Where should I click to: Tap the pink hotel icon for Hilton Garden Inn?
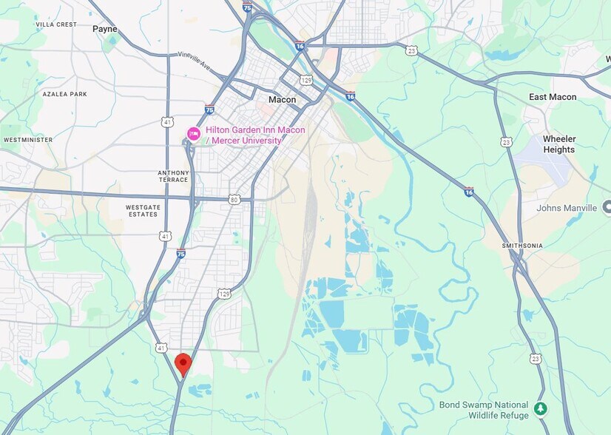[x=193, y=133]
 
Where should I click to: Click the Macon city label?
[x=282, y=100]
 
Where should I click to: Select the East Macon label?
[x=553, y=97]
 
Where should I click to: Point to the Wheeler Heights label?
[x=558, y=144]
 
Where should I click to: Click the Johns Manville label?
[x=567, y=208]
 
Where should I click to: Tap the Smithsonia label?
[x=522, y=245]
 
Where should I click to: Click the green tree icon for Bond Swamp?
[x=541, y=408]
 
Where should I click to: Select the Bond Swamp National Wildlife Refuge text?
[x=484, y=411]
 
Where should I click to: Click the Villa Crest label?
[x=56, y=24]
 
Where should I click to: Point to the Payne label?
[x=105, y=29]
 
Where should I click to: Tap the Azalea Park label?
[x=64, y=94]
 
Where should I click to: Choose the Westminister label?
[x=28, y=139]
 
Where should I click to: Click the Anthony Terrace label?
[x=173, y=176]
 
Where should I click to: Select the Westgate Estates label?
[x=143, y=211]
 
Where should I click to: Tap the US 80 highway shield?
[x=234, y=199]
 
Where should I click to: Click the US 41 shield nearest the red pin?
[x=161, y=347]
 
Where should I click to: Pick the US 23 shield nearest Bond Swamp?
[x=535, y=359]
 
